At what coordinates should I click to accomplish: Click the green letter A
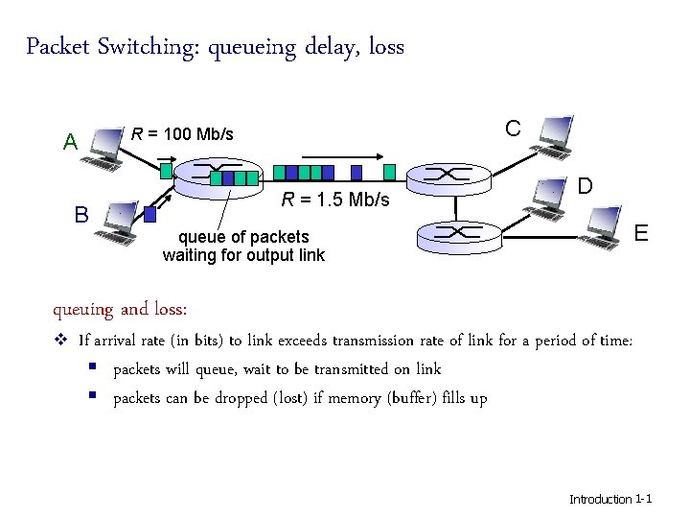point(70,143)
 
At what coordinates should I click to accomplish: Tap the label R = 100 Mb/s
point(182,133)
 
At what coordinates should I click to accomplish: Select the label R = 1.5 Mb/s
point(335,200)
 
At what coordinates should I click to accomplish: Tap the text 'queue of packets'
point(243,237)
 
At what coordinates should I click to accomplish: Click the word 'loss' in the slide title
point(384,46)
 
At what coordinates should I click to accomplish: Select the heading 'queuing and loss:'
point(120,309)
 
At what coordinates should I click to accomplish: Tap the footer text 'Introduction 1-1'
point(610,499)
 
